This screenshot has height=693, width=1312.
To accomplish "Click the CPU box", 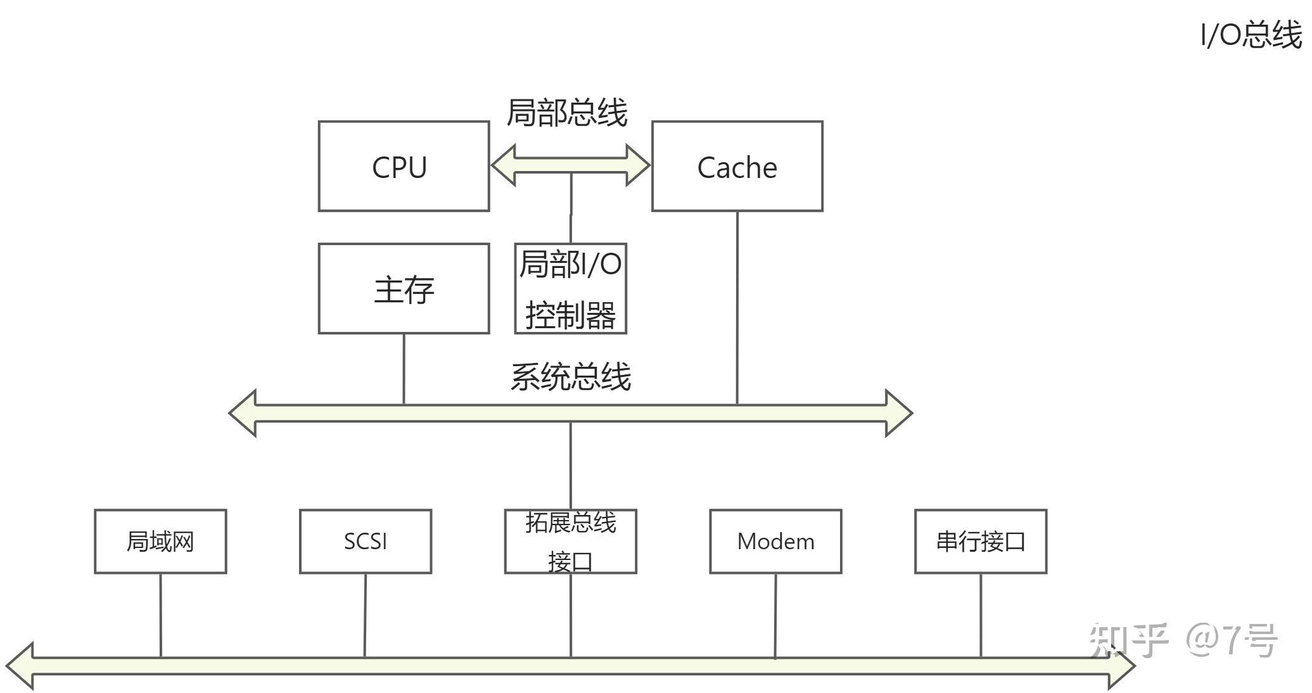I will (x=404, y=166).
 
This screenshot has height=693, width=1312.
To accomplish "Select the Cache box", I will (x=737, y=166).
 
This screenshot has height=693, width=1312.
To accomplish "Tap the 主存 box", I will (x=404, y=289).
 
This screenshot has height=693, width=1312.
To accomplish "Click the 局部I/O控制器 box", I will (x=570, y=289).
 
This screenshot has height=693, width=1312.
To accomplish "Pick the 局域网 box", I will (x=160, y=542).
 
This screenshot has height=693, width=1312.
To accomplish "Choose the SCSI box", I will (x=366, y=542).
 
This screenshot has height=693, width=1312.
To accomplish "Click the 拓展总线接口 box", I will (x=570, y=542).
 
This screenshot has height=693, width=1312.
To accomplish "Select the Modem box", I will (x=775, y=542).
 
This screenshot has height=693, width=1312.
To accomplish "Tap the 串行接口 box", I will (x=981, y=542).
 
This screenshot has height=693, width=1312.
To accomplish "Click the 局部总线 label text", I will (x=567, y=113).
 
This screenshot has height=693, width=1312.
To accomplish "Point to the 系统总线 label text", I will (x=571, y=377).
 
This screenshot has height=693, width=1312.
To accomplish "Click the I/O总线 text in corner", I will (x=1251, y=35).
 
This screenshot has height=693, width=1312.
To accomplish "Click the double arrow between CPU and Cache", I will (x=570, y=165).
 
